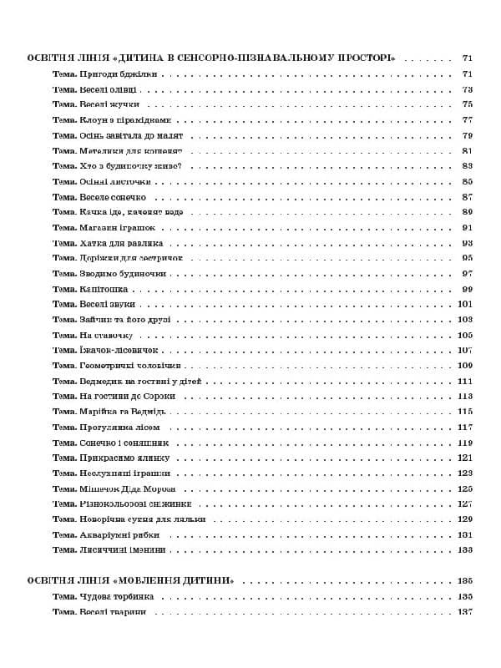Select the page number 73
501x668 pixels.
(467, 90)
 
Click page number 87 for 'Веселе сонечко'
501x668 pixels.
(467, 197)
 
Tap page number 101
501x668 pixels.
(465, 304)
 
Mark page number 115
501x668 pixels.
(465, 412)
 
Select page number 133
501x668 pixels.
(465, 549)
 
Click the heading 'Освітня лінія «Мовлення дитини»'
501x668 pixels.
(130, 580)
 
